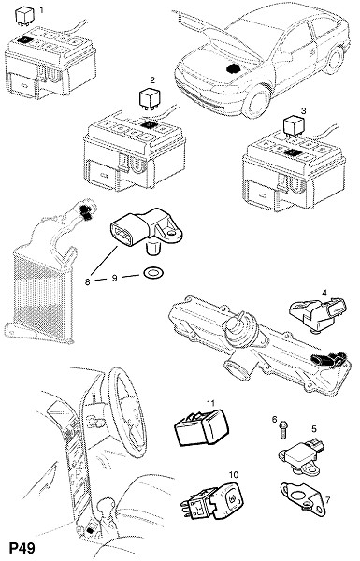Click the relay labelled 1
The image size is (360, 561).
pyautogui.click(x=24, y=16)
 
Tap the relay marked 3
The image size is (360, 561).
pyautogui.click(x=294, y=126)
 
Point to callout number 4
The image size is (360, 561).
pyautogui.click(x=324, y=293)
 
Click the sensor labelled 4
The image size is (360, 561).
pyautogui.click(x=318, y=314)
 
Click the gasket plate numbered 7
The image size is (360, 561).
pyautogui.click(x=303, y=498)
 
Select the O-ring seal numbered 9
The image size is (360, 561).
pyautogui.click(x=151, y=273)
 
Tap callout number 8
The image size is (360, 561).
pyautogui.click(x=88, y=281)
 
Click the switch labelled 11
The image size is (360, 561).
pyautogui.click(x=201, y=428)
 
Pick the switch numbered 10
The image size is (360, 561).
pyautogui.click(x=212, y=501)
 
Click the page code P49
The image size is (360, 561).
pyautogui.click(x=22, y=548)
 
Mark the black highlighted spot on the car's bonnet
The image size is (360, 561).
pyautogui.click(x=235, y=68)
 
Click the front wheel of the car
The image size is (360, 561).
pyautogui.click(x=256, y=101)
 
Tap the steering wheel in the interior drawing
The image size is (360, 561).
pyautogui.click(x=127, y=411)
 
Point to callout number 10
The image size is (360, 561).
pyautogui.click(x=233, y=474)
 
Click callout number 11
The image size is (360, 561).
pyautogui.click(x=210, y=403)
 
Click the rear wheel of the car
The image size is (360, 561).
pyautogui.click(x=334, y=60)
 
